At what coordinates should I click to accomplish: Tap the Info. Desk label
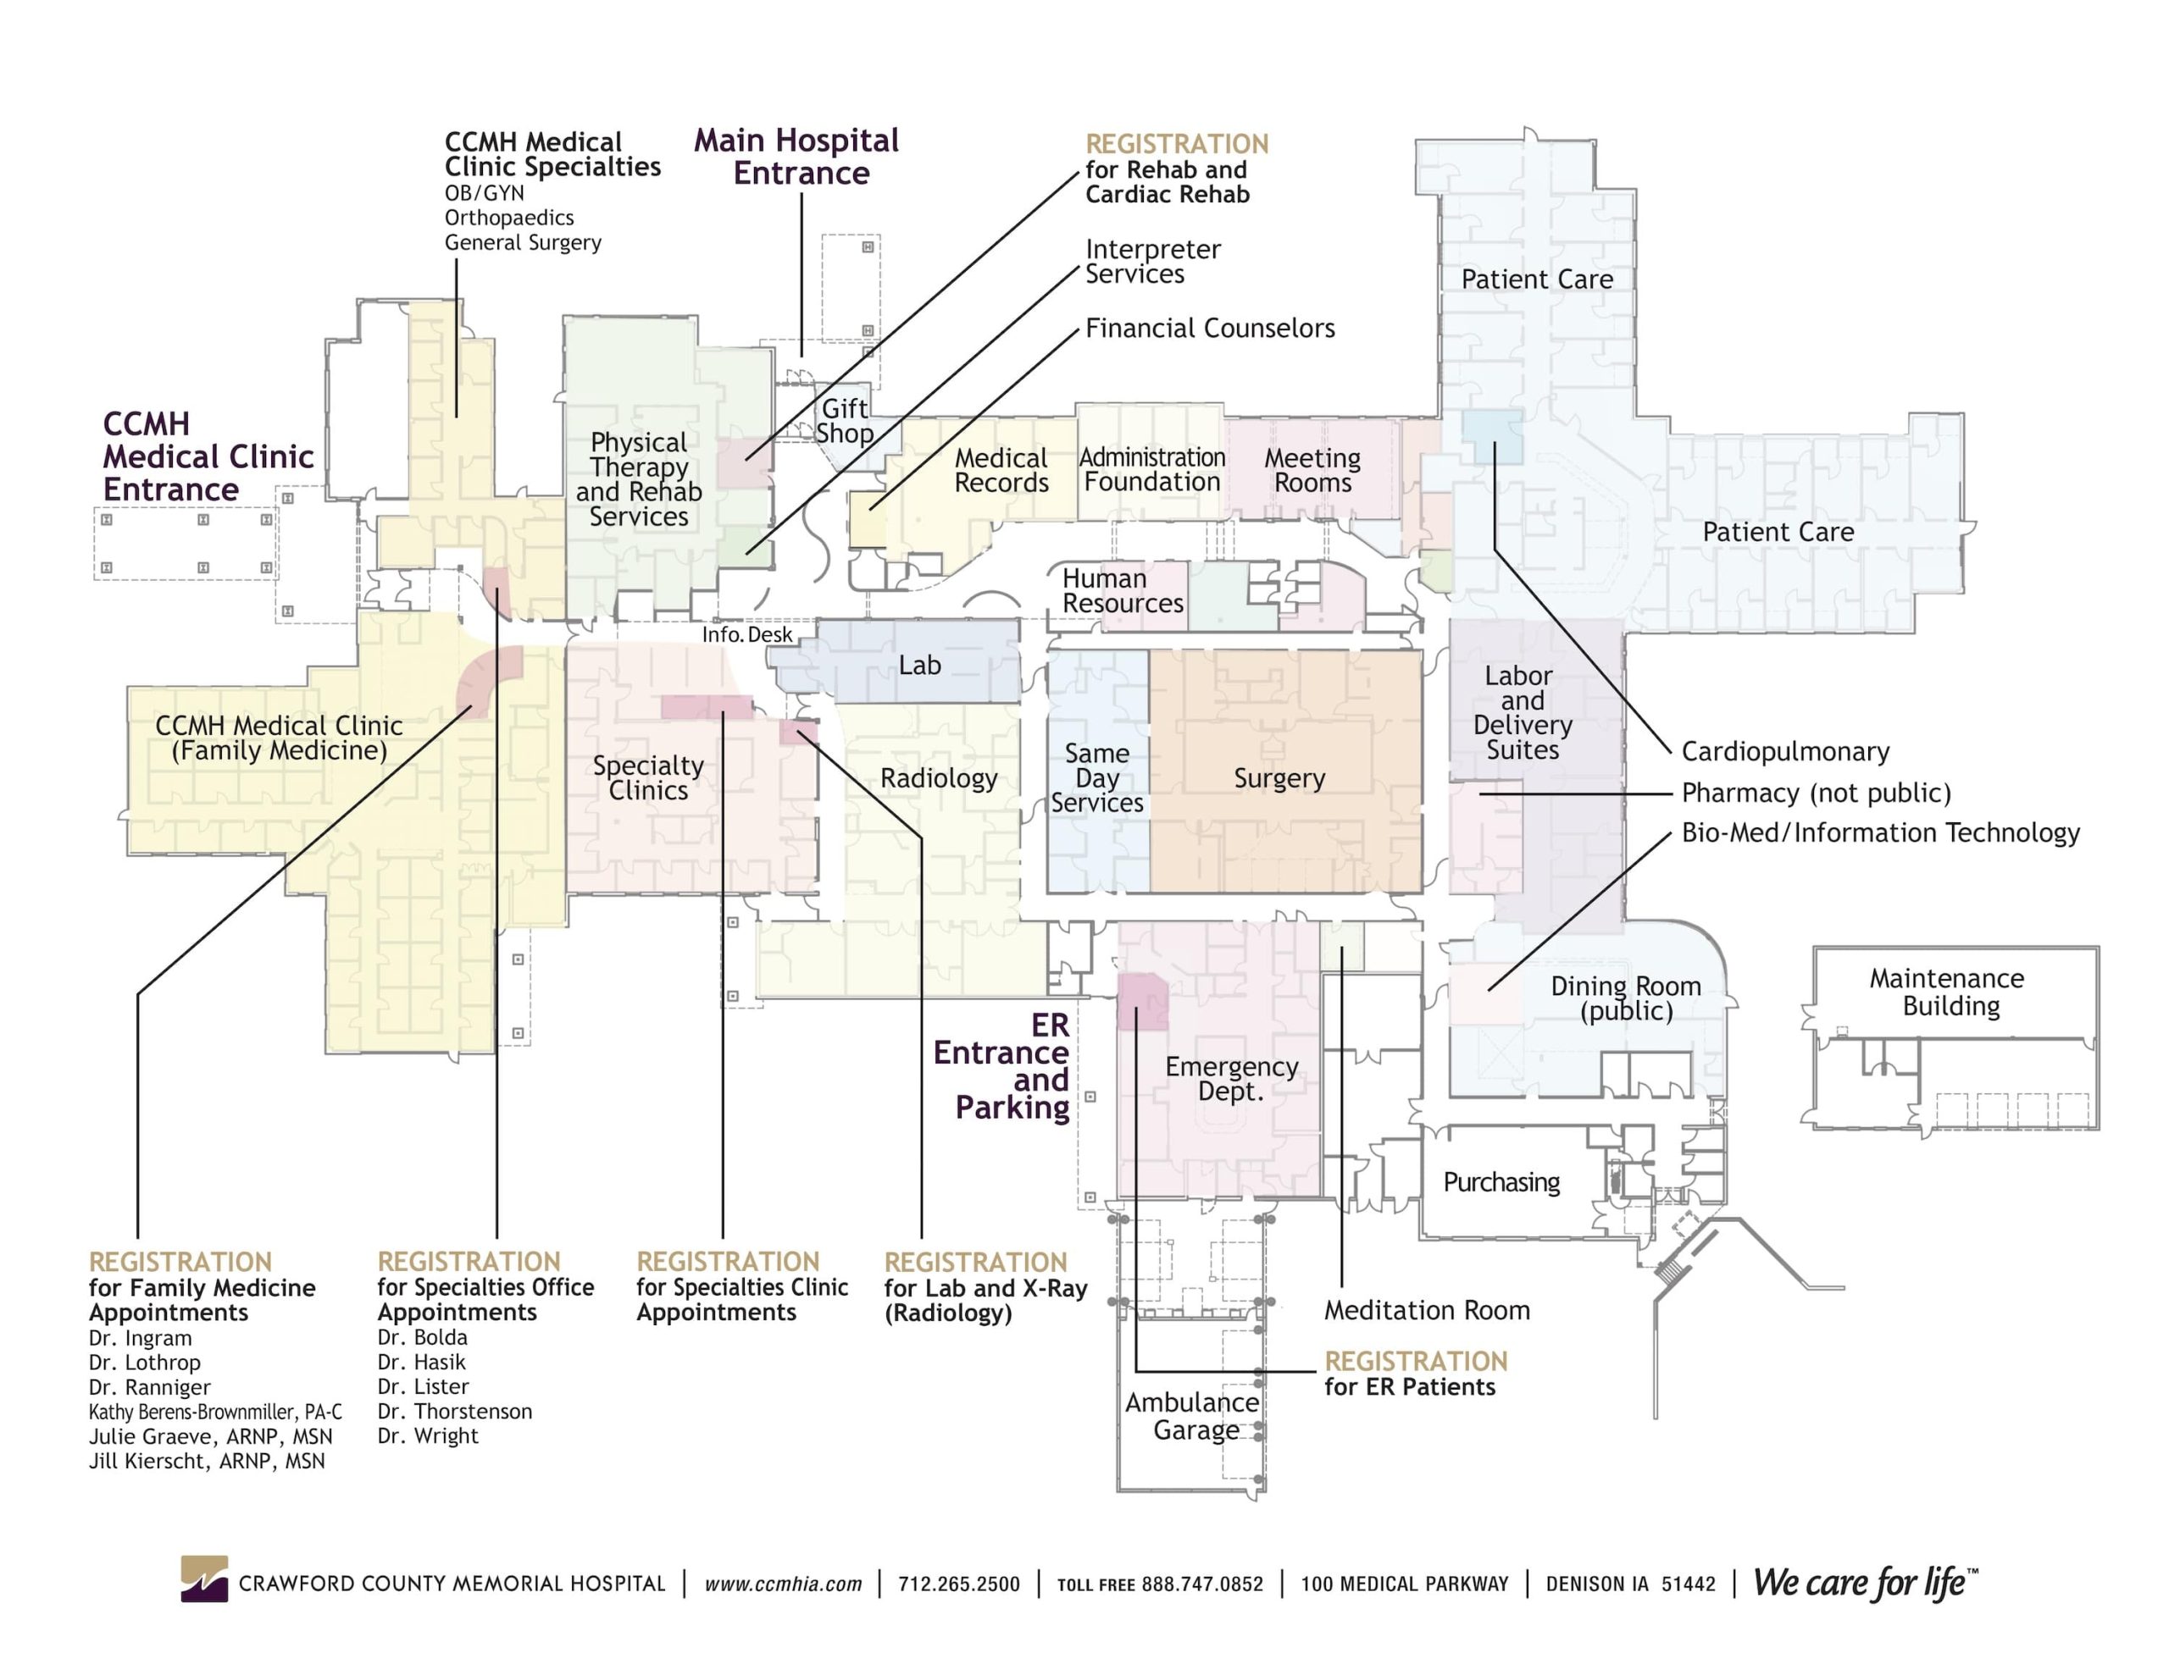(746, 634)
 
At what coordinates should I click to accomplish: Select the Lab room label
(919, 666)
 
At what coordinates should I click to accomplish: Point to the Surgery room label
(1279, 778)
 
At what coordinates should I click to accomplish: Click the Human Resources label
(1123, 591)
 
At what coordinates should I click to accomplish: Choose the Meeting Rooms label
(1312, 471)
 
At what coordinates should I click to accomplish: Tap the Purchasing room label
(1501, 1182)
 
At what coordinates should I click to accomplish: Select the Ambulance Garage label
(1193, 1416)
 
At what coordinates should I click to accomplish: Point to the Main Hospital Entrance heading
(796, 157)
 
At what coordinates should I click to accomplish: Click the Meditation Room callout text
(1426, 1311)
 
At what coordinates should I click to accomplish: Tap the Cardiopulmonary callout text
(1784, 752)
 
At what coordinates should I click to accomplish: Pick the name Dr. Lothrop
(144, 1363)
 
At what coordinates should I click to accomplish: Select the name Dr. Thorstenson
(455, 1411)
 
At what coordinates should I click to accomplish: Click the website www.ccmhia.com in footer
(784, 1584)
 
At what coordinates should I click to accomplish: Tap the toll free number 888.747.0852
(1201, 1584)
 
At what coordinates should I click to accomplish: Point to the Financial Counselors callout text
(1210, 329)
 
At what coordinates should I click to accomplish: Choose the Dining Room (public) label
(1626, 999)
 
